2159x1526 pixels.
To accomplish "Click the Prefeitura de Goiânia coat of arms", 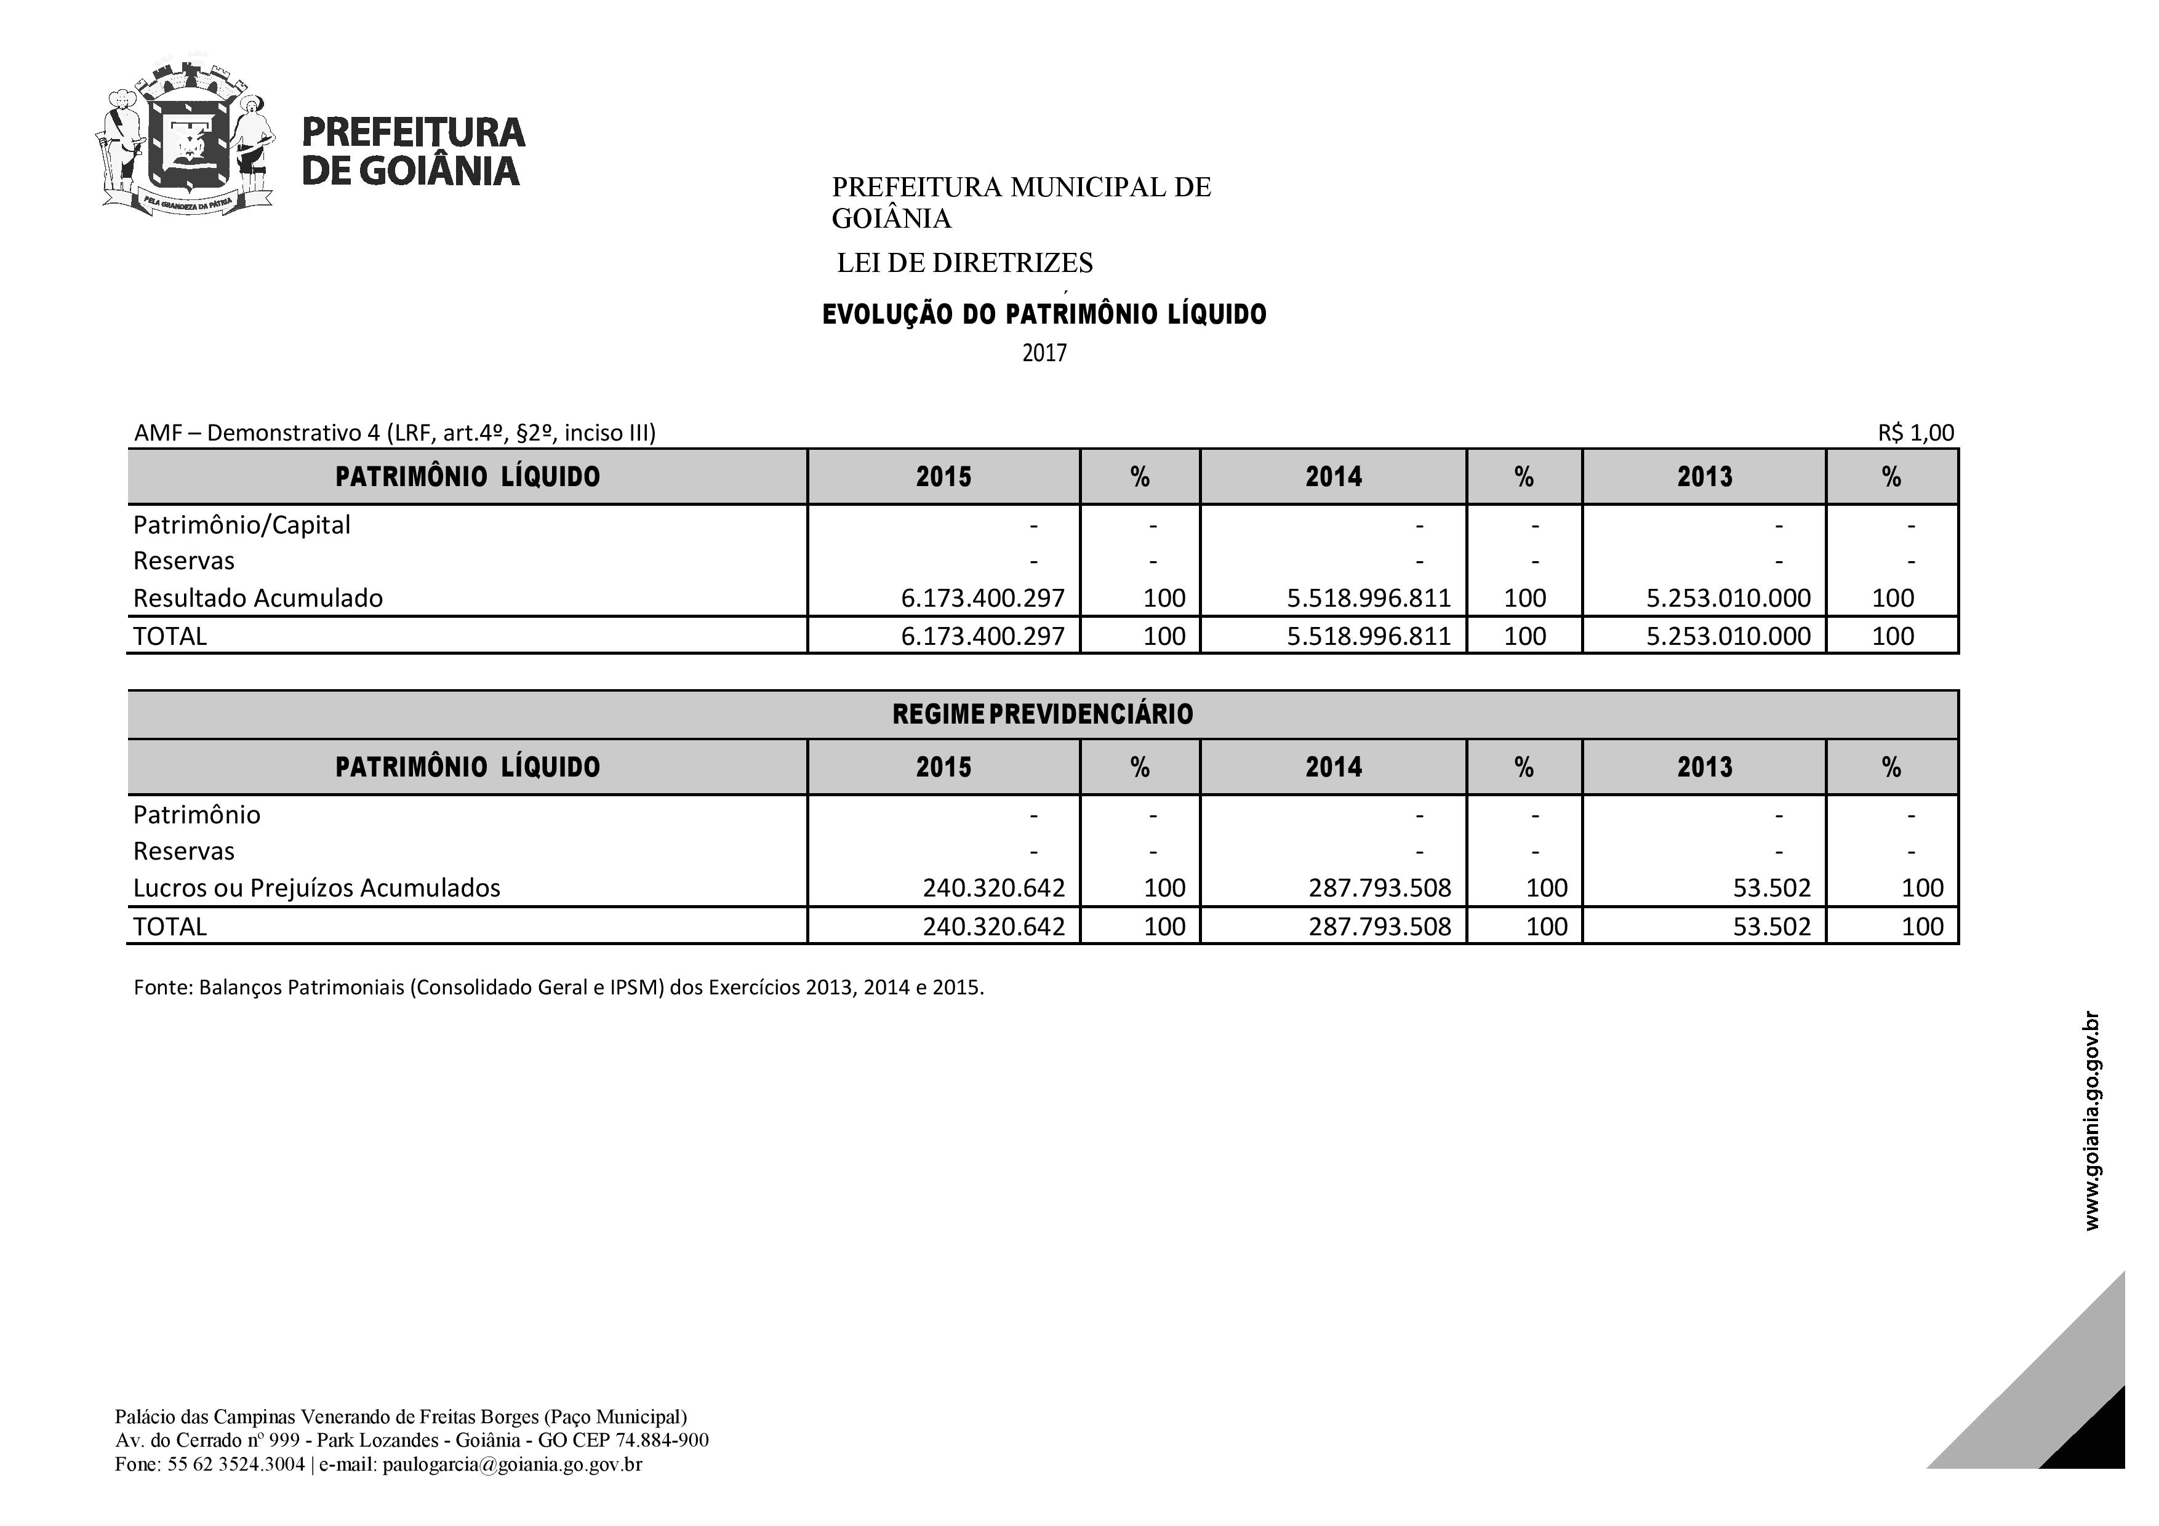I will (x=186, y=139).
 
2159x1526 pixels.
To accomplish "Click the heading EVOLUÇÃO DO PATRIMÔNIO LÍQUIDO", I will (x=1044, y=314).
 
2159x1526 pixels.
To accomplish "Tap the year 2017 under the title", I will (x=1044, y=354).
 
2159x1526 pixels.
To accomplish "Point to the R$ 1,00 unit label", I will (x=1915, y=433).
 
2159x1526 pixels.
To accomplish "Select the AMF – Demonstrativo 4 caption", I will (x=395, y=433).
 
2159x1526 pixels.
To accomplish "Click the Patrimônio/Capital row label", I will (x=242, y=525).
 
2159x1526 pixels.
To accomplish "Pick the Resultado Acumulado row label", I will (x=258, y=598).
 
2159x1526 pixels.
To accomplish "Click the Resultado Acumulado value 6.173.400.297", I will (x=983, y=598).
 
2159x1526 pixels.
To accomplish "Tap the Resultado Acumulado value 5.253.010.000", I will (x=1728, y=598).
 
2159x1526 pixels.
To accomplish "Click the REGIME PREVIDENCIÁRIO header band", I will (x=1042, y=714).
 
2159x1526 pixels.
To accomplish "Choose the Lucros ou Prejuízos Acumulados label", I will (x=317, y=887).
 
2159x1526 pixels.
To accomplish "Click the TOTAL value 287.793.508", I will (x=1379, y=926).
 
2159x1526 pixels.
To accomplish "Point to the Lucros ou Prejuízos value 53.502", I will (x=1772, y=887).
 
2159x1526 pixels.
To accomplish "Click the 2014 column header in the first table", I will (x=1332, y=477).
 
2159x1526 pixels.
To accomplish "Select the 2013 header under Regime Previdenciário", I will (x=1704, y=767).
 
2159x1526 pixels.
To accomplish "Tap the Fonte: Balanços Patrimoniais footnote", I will (x=559, y=988).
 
